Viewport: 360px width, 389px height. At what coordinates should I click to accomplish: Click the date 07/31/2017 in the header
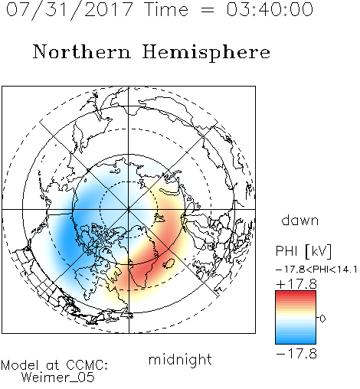70,10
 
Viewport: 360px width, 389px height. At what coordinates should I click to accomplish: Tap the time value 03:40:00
270,9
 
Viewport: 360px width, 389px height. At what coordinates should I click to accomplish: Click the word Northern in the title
82,51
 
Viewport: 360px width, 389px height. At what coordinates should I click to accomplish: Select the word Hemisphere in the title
206,53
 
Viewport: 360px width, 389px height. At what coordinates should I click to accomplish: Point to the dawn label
300,221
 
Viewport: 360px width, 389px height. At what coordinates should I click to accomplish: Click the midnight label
180,361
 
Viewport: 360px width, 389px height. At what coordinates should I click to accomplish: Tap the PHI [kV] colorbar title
304,251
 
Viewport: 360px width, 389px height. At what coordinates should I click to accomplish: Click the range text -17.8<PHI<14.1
316,270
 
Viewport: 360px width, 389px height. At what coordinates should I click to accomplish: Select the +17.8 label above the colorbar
296,284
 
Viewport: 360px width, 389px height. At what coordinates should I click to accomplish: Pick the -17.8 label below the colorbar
296,354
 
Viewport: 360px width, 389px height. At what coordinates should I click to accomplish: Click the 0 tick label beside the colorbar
322,319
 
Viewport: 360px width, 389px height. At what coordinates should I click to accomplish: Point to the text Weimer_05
58,378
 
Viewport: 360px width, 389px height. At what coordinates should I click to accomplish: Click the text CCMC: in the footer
87,365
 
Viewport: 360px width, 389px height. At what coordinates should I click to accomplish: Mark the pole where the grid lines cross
129,209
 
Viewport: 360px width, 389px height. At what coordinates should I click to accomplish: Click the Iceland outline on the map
169,263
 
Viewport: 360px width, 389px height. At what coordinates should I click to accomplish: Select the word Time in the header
166,9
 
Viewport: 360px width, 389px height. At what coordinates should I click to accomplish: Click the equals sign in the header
208,10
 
